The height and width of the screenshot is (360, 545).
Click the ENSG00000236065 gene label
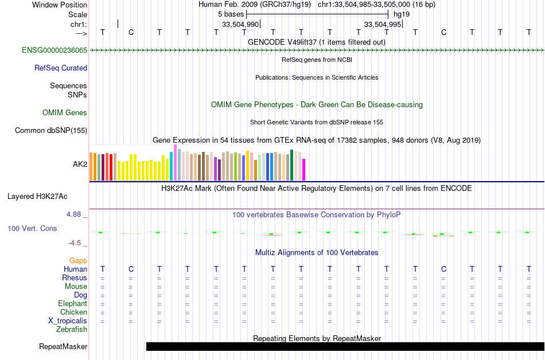[x=54, y=50]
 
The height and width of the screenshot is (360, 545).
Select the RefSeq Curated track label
[x=61, y=68]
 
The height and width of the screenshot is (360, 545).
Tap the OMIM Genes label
[x=65, y=113]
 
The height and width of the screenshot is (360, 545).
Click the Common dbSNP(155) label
[x=51, y=131]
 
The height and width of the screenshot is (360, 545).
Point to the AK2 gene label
[x=80, y=164]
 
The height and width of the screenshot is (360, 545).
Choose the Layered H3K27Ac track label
[x=37, y=197]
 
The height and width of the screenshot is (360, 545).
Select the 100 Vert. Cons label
[x=32, y=228]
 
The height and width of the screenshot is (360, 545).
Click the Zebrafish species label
[x=72, y=330]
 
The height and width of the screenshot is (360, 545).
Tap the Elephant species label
[x=73, y=304]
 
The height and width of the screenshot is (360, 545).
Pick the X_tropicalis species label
[x=68, y=321]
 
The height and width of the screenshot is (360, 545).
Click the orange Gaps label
[x=78, y=261]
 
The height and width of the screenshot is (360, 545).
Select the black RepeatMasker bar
[x=345, y=346]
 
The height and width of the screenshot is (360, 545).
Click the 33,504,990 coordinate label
[x=240, y=24]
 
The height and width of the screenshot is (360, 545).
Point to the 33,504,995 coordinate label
[x=383, y=24]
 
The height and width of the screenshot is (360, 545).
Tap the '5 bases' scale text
[x=231, y=14]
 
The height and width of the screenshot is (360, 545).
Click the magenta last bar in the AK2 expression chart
[x=304, y=170]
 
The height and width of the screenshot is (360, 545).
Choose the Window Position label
[x=60, y=5]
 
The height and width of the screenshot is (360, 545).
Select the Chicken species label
[x=73, y=312]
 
